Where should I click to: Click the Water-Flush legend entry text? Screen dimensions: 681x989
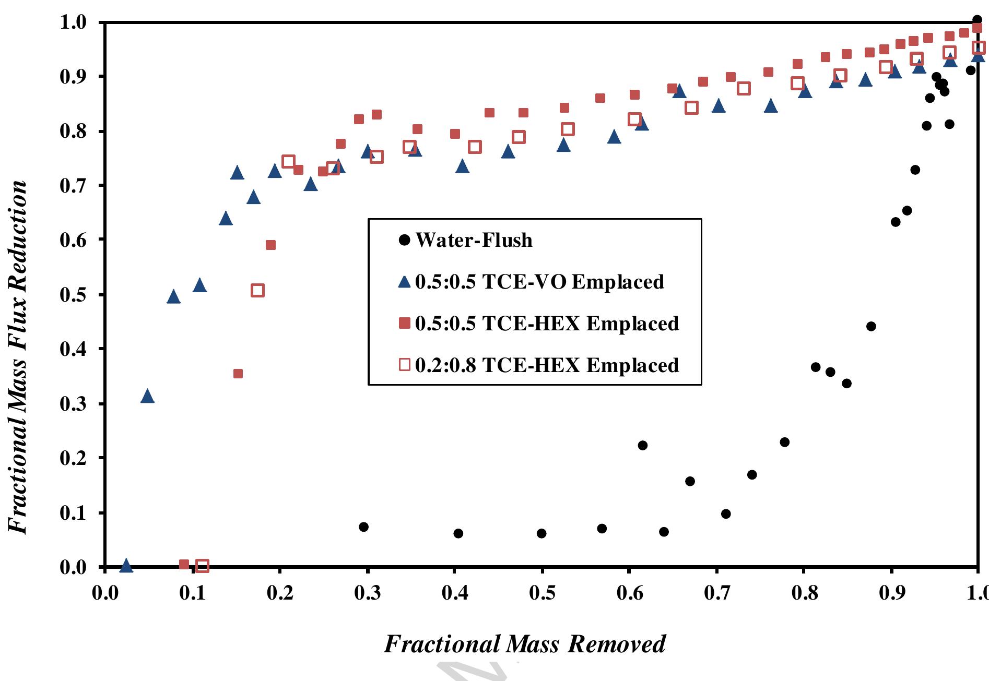pos(474,241)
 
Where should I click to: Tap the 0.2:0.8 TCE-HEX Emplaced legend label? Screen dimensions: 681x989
pos(546,365)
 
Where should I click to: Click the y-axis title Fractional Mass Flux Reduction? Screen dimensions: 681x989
pos(18,357)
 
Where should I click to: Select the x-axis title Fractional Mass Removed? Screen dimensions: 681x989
pos(524,644)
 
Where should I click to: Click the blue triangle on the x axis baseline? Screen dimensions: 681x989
pos(126,565)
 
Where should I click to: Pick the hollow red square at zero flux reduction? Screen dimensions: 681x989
pos(202,566)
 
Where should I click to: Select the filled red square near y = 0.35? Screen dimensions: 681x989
pos(238,374)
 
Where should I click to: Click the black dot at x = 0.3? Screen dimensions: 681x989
pos(364,527)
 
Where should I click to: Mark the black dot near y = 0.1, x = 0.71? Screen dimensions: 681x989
pos(726,514)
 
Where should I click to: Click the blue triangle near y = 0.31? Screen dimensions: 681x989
pos(147,396)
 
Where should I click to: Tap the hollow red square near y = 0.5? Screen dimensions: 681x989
pos(257,291)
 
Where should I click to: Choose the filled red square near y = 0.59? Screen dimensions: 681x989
pos(270,245)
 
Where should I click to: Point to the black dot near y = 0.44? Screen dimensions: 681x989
pos(871,327)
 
